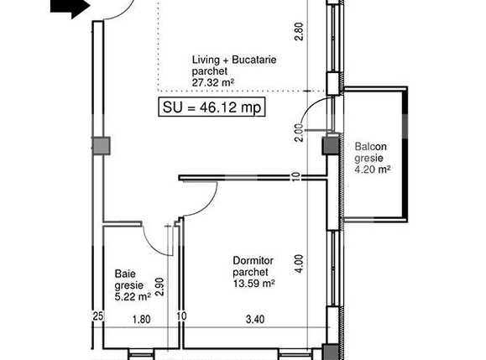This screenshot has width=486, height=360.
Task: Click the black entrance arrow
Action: (71, 8)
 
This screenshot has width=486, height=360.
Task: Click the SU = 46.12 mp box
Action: (212, 107)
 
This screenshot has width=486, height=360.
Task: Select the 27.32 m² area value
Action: (212, 83)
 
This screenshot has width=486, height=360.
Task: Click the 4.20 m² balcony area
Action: (373, 170)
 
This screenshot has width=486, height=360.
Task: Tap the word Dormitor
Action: (252, 259)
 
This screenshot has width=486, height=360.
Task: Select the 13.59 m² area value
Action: (254, 283)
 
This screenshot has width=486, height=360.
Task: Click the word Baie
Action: (123, 273)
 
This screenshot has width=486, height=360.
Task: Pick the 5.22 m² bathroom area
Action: (133, 295)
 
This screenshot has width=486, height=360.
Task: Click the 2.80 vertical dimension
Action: (297, 32)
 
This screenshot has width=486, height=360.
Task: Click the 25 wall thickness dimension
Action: (97, 318)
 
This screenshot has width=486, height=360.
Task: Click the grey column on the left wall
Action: (101, 145)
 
